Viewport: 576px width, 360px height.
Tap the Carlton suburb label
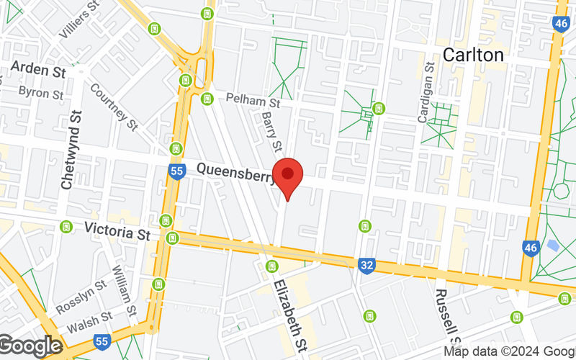pyautogui.click(x=473, y=54)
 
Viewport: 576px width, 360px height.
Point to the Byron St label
pyautogui.click(x=40, y=93)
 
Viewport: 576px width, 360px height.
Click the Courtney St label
pyautogui.click(x=114, y=107)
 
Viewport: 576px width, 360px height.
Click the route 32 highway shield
pyautogui.click(x=366, y=266)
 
